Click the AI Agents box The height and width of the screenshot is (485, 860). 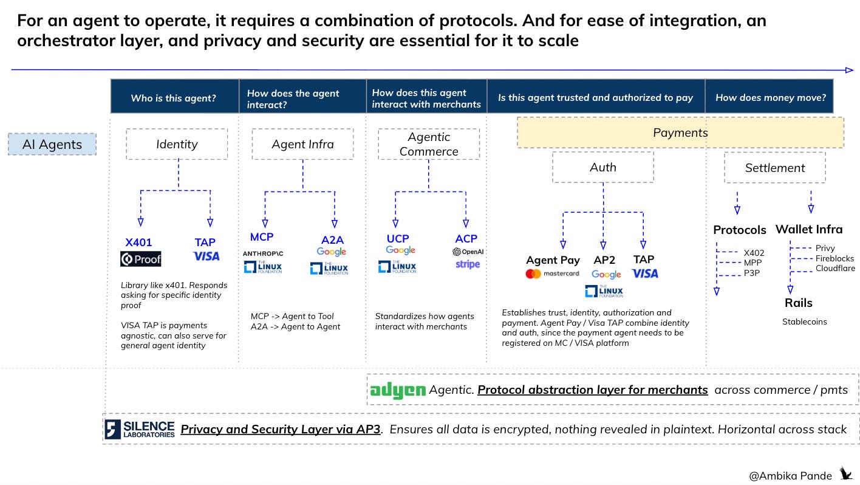pos(52,144)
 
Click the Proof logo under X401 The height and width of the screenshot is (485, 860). pos(140,259)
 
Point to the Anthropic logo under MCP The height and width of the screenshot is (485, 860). pos(262,253)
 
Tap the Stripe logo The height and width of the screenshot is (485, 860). pos(468,264)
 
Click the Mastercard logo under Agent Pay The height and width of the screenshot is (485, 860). pos(552,273)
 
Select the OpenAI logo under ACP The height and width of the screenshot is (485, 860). pos(468,252)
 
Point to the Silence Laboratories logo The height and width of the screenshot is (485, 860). pos(140,429)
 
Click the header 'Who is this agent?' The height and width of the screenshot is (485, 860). pos(174,98)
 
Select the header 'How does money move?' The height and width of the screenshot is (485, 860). pos(771,98)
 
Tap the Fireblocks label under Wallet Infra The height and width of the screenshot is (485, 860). pos(834,258)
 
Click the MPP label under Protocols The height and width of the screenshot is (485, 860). pos(752,263)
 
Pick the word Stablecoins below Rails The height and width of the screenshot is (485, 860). pos(804,322)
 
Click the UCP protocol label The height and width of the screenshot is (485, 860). pos(398,239)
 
